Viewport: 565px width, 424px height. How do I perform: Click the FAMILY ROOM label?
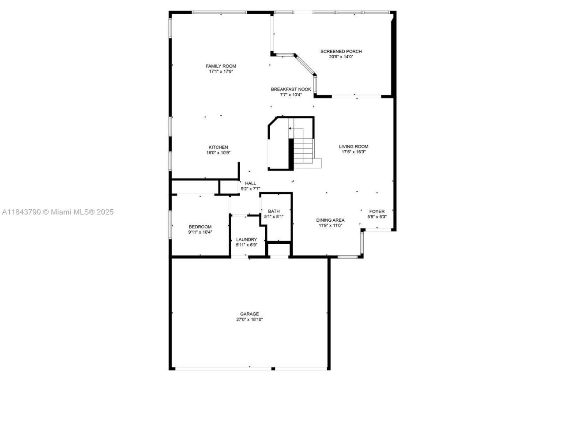(x=221, y=66)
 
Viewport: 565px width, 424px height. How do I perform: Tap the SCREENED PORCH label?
(x=341, y=51)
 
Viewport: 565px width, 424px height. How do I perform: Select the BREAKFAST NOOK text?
(x=291, y=89)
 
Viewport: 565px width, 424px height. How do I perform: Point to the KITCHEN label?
(x=218, y=147)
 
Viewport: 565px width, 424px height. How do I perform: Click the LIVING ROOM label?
(x=353, y=147)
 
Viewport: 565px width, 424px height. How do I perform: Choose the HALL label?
(x=250, y=183)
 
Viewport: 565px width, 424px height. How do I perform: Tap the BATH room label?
(x=273, y=211)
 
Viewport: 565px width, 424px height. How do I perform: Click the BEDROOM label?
(x=200, y=227)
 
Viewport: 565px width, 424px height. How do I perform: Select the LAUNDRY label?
(x=246, y=239)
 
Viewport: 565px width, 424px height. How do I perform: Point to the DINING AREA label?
(x=330, y=220)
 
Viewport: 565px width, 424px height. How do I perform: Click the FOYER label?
(x=377, y=212)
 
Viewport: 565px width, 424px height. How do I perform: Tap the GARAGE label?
(x=249, y=314)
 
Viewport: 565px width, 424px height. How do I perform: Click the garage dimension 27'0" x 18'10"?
(x=249, y=319)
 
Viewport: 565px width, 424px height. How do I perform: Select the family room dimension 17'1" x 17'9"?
(x=221, y=72)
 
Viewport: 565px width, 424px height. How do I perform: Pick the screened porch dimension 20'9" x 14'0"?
(x=341, y=57)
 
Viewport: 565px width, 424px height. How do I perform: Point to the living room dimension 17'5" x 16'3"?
(x=353, y=152)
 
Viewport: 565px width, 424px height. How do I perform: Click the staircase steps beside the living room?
(x=303, y=150)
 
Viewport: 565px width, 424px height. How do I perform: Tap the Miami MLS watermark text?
(x=57, y=212)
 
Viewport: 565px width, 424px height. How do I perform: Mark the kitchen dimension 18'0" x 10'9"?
(x=218, y=152)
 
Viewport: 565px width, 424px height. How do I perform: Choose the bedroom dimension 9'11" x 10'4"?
(x=200, y=232)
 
